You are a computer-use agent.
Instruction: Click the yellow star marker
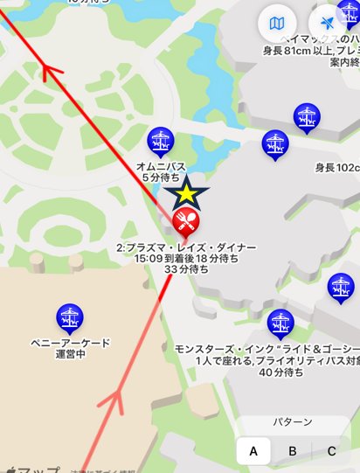click(185, 193)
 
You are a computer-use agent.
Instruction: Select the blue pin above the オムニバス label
click(160, 139)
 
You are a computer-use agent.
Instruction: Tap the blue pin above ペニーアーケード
click(69, 317)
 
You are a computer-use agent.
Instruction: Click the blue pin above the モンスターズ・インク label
click(280, 323)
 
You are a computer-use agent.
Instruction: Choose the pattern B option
click(293, 451)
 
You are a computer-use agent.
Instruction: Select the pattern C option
click(331, 451)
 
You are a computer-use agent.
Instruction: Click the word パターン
click(292, 422)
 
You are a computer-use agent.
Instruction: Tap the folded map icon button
click(277, 24)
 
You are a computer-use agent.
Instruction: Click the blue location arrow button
click(328, 24)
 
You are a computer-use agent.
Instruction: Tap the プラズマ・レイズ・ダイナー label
click(186, 247)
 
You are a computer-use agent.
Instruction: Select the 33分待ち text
click(186, 270)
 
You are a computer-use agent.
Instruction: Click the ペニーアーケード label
click(70, 343)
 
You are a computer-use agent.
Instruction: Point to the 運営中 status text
click(70, 354)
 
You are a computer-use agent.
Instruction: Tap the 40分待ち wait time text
click(280, 372)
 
